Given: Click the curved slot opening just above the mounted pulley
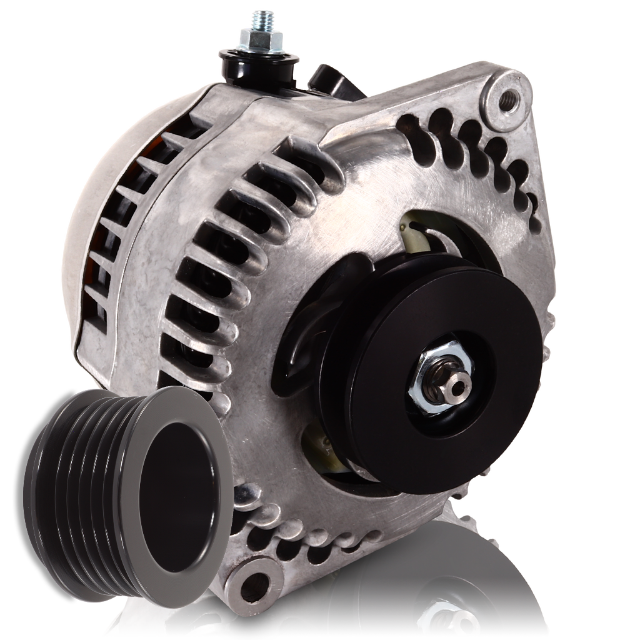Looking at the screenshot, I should coord(431,231).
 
